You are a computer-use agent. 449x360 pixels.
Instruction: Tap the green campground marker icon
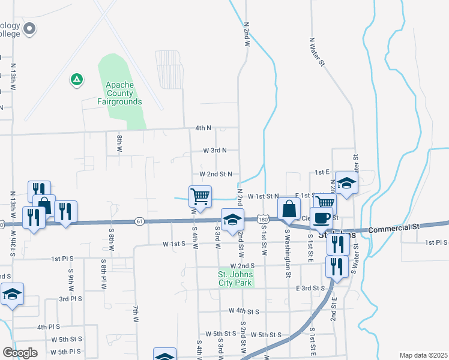[76, 79]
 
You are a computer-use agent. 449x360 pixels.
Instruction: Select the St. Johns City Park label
[235, 279]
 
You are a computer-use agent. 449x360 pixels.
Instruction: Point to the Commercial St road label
[393, 229]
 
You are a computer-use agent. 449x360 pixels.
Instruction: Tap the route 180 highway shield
[262, 220]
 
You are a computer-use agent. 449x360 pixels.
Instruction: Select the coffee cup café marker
[321, 218]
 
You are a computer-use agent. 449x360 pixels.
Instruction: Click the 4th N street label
[203, 128]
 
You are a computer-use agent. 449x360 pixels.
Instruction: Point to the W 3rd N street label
[215, 150]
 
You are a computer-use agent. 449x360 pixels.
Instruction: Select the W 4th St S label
[244, 311]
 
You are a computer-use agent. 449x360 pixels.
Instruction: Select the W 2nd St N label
[215, 173]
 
